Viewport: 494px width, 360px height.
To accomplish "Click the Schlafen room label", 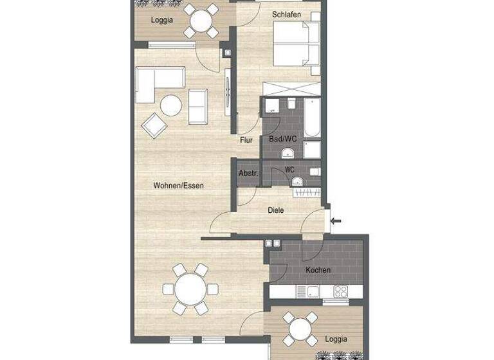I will (287, 14).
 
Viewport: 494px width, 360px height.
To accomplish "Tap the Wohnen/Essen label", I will (179, 186).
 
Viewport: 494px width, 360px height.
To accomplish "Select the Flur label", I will (246, 139).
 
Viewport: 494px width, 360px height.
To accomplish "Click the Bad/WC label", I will (282, 139).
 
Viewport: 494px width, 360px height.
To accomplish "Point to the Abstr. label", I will (248, 173).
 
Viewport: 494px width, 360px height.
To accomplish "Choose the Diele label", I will (276, 210).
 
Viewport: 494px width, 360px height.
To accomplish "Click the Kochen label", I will (318, 270).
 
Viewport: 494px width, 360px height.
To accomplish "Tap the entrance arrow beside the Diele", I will (335, 221).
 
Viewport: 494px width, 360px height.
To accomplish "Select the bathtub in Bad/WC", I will (313, 118).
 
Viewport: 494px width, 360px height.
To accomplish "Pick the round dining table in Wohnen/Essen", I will (188, 289).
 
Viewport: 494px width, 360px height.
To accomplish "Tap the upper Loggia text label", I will (161, 20).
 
